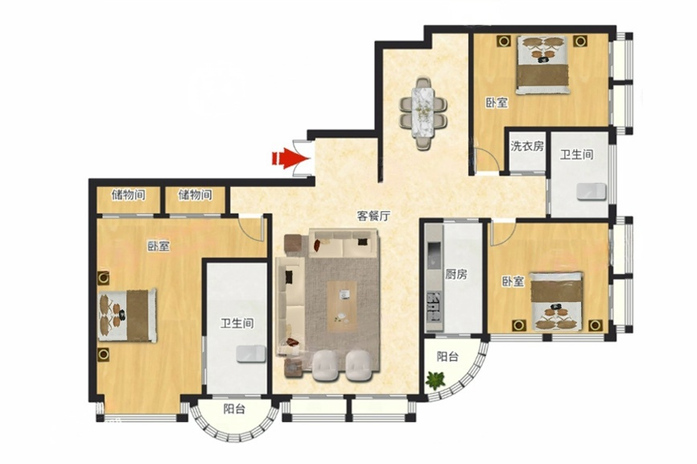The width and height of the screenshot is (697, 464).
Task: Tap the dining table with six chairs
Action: (x=423, y=113)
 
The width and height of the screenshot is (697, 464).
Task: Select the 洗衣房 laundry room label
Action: (x=527, y=146)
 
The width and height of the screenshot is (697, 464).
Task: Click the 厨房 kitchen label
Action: (x=456, y=274)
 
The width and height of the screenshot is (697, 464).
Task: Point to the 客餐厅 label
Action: (x=373, y=216)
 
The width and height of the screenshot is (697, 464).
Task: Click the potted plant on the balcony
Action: (x=435, y=380)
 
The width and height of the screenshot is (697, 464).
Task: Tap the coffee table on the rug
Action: (x=342, y=306)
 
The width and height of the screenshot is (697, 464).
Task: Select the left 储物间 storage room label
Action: (x=129, y=194)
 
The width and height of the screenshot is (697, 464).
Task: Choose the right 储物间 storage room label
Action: (x=195, y=194)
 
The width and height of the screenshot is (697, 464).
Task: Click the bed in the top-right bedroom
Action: (x=542, y=65)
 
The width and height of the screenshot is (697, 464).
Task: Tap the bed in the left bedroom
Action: (x=128, y=316)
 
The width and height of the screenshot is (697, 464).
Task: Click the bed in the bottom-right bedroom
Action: (x=557, y=301)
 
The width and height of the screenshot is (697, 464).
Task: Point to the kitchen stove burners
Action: (x=434, y=306)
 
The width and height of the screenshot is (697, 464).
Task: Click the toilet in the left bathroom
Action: (x=251, y=354)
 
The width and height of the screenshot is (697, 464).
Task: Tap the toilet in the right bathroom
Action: (x=592, y=192)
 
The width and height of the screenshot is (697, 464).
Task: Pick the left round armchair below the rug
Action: (x=326, y=366)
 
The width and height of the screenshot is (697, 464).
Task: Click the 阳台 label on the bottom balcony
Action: (x=234, y=409)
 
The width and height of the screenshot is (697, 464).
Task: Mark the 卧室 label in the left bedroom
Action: (x=159, y=246)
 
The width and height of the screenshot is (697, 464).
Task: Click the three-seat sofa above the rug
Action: (x=344, y=243)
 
